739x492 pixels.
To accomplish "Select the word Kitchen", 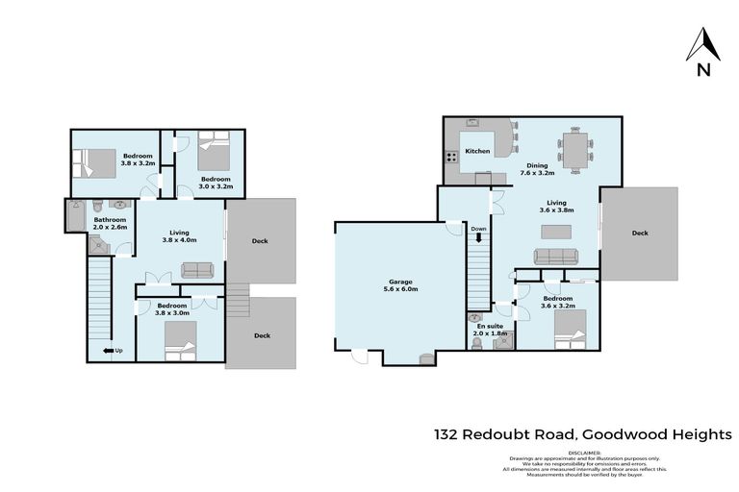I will pos(477,152).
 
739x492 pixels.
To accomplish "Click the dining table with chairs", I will pos(575,149).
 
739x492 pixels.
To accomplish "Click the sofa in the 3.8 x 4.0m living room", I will pos(196,269).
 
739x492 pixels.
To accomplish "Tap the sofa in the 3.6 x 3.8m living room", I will pos(556,256).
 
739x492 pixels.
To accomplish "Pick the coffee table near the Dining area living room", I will pos(556,231).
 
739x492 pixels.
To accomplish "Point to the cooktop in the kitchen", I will pos(449,157).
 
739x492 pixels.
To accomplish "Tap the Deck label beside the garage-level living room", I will pos(640,233).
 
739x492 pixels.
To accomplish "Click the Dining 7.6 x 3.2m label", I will pos(538,169).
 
